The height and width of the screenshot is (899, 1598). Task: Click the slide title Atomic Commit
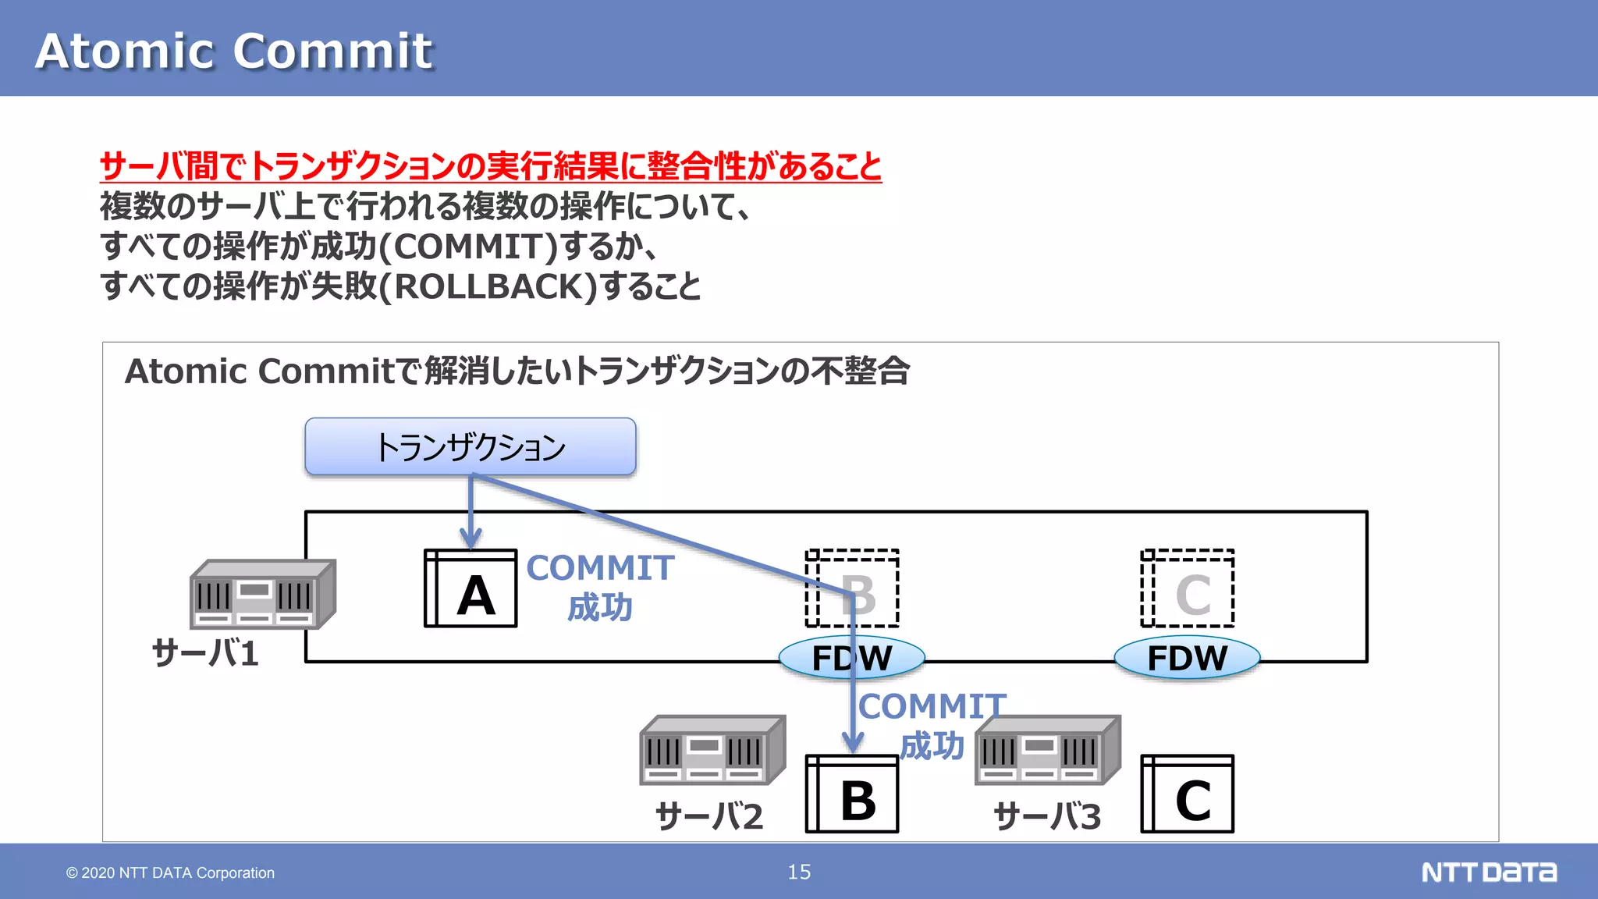point(234,52)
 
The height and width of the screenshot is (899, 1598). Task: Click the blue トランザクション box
point(471,446)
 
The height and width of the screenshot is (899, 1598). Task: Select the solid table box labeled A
point(471,588)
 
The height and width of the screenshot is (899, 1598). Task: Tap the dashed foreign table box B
point(852,588)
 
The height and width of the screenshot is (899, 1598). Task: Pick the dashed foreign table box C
point(1188,588)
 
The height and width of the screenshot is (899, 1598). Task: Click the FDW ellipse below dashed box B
point(852,658)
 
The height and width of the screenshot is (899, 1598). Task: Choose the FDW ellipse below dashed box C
point(1187,658)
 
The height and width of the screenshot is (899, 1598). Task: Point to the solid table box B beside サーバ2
point(852,794)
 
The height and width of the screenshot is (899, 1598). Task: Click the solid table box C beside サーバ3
point(1188,794)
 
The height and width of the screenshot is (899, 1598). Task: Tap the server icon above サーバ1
point(263,594)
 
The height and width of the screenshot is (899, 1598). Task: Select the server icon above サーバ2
point(712,750)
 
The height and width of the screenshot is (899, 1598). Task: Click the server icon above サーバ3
point(1048,750)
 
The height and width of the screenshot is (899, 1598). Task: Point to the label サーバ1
point(205,653)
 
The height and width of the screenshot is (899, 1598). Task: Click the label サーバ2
point(709,816)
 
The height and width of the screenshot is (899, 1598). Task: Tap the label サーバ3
point(1047,816)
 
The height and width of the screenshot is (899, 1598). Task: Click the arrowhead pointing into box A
point(471,539)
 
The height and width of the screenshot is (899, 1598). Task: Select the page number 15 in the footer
point(799,872)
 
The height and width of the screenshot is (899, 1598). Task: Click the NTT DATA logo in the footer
point(1489,872)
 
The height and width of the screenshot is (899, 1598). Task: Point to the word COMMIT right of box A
point(600,568)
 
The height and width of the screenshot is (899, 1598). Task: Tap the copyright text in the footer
point(170,872)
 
